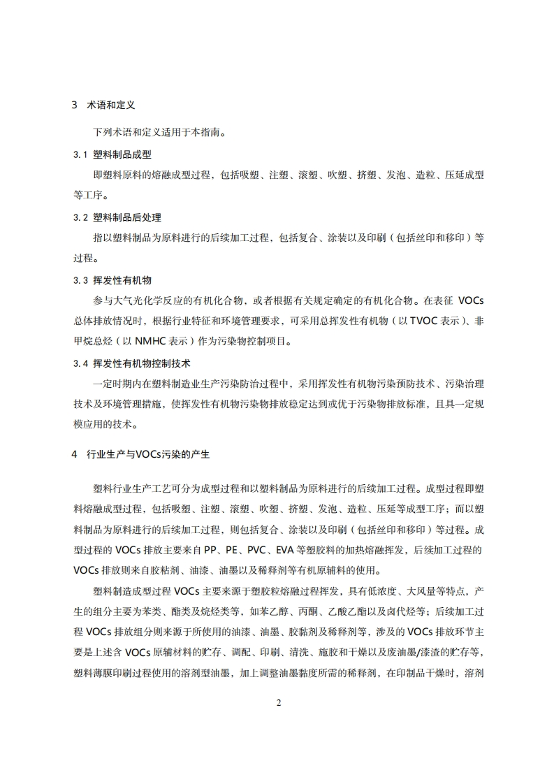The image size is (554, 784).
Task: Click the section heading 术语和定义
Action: (110, 106)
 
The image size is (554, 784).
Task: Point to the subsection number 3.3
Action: (79, 281)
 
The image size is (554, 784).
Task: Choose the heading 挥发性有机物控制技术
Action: (142, 364)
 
